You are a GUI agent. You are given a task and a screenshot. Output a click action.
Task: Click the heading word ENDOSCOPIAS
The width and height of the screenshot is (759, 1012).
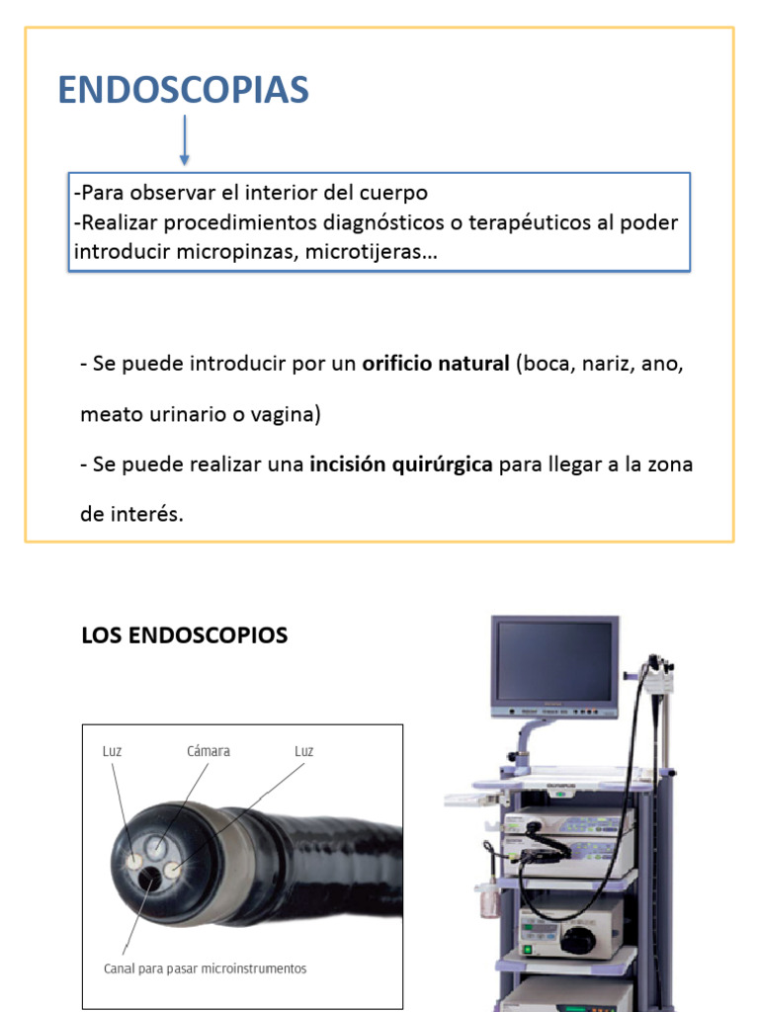pyautogui.click(x=183, y=90)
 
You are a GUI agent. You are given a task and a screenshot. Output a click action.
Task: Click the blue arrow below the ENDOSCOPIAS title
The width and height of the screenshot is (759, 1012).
pyautogui.click(x=185, y=139)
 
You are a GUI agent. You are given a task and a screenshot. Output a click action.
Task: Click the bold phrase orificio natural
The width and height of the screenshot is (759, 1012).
pyautogui.click(x=436, y=364)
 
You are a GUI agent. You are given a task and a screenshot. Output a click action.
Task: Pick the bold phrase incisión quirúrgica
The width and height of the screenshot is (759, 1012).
pyautogui.click(x=401, y=464)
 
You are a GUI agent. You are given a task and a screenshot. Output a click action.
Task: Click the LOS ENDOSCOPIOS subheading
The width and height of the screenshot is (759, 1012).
pyautogui.click(x=184, y=635)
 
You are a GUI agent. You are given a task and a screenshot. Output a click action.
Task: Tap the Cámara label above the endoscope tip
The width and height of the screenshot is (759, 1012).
pyautogui.click(x=209, y=751)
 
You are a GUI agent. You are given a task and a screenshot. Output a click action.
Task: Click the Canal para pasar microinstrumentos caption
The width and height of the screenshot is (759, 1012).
pyautogui.click(x=206, y=969)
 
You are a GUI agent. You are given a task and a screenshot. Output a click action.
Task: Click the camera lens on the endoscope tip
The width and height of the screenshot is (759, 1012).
pyautogui.click(x=156, y=846)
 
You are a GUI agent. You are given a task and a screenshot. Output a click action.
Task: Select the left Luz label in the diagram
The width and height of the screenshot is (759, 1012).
pyautogui.click(x=112, y=751)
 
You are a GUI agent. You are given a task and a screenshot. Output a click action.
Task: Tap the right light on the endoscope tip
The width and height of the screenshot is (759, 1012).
pyautogui.click(x=175, y=870)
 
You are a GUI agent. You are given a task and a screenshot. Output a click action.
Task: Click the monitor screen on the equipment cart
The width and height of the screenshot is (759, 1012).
pyautogui.click(x=553, y=661)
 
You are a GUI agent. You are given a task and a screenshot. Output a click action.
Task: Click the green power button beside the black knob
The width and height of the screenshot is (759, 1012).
pyautogui.click(x=527, y=951)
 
